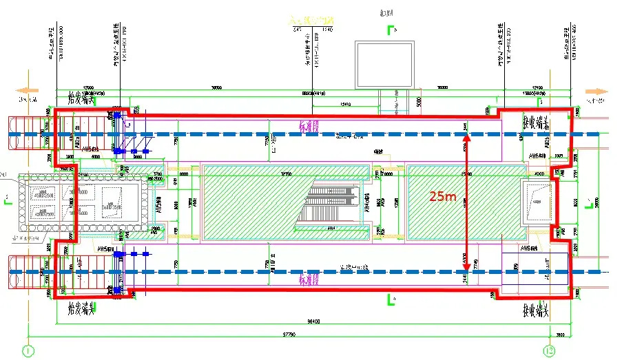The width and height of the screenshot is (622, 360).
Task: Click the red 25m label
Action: pos(442,196)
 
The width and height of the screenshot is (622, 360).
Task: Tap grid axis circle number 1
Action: pos(28,350)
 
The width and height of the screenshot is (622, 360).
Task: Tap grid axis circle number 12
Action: pos(549,350)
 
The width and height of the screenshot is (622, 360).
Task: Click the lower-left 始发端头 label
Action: pos(80,310)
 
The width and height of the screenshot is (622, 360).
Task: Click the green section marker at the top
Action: pos(392,30)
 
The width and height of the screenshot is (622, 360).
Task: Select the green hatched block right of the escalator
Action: pos(459,202)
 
